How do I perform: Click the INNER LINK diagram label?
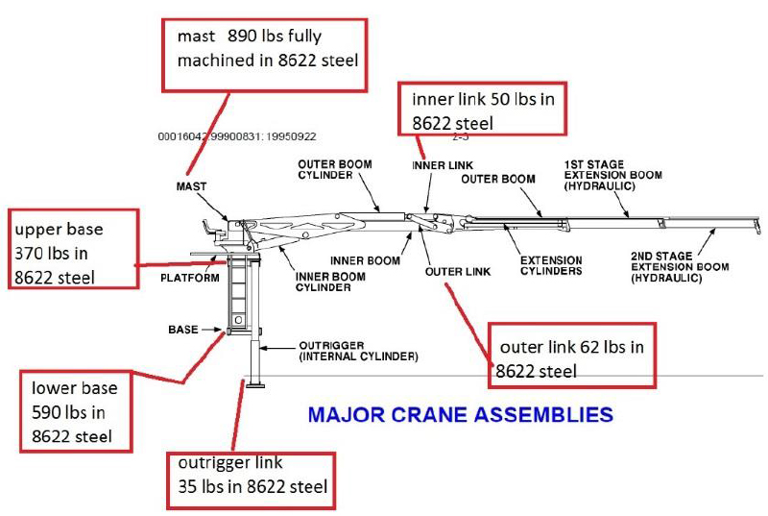coord(442,165)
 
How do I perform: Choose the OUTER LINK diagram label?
coord(458,271)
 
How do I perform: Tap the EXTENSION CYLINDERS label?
coord(551,265)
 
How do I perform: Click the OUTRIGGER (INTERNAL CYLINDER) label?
coord(345,352)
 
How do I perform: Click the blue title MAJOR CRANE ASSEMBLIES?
coord(461,415)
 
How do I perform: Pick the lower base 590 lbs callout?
coord(79,411)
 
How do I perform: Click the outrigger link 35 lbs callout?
coord(250,475)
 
